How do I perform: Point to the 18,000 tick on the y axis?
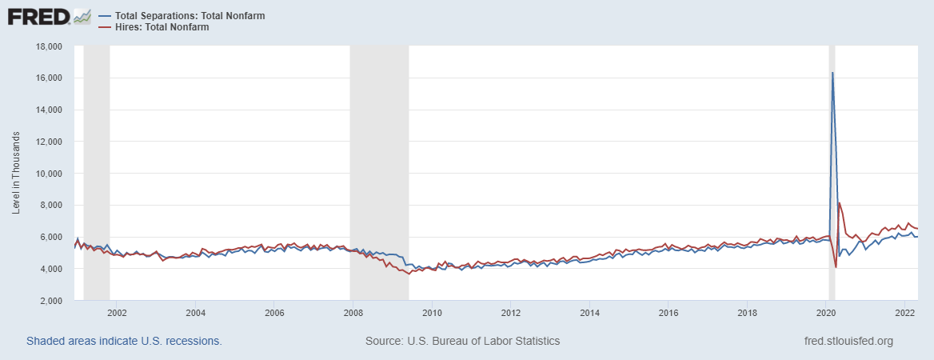[50, 46]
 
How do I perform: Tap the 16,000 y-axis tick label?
[50, 78]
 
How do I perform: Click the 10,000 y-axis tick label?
[50, 174]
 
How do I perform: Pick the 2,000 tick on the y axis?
[52, 301]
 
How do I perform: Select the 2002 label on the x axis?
[117, 313]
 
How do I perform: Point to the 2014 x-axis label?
[589, 313]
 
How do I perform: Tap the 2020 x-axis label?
[826, 313]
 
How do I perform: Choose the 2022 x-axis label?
[904, 313]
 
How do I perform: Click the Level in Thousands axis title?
[16, 174]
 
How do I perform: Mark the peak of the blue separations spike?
[832, 73]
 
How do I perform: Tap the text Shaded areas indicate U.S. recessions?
[124, 341]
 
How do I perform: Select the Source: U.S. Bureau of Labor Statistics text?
[462, 341]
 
